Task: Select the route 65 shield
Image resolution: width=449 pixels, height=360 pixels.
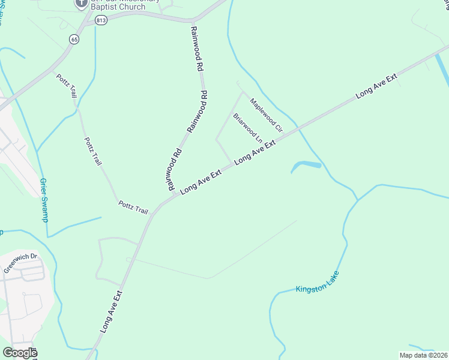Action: pos(74,39)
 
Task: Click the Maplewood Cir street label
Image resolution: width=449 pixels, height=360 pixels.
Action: pos(266,115)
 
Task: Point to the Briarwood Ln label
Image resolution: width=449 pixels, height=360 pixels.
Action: pos(248,127)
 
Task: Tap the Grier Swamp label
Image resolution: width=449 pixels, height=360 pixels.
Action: pos(44,199)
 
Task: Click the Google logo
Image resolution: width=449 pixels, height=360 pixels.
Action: pos(19,352)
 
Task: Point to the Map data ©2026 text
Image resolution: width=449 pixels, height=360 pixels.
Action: pos(423,355)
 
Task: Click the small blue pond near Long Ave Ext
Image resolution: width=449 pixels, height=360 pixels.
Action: pos(306,165)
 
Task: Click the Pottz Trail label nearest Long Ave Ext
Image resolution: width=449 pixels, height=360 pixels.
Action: pos(133,208)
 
